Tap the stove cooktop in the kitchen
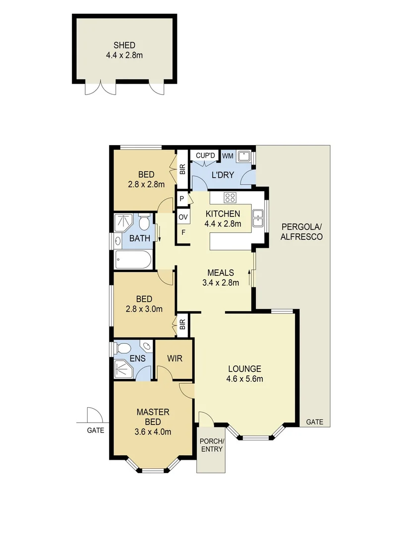coord(230,197)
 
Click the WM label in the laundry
coord(228,156)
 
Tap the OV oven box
coord(182,217)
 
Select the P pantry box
coord(182,200)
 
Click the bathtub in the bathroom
coord(132,259)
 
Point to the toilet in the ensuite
coord(122,347)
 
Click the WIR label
coord(174,358)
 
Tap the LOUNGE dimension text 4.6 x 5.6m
coord(244,379)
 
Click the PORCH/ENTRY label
coord(211,445)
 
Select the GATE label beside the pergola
coord(314,422)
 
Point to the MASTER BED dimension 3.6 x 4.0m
coord(153,431)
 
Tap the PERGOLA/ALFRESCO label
coord(301,232)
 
